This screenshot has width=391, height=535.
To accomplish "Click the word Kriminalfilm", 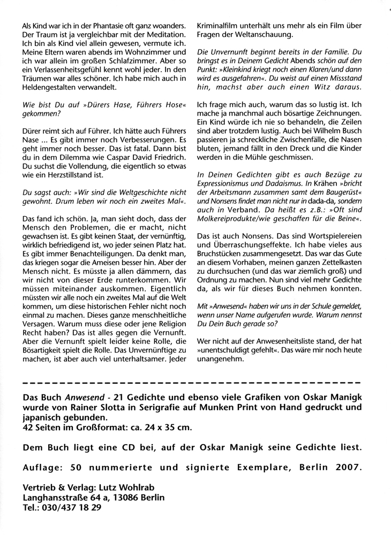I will coord(221,25).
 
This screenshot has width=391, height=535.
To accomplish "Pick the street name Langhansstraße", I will coord(60,496).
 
